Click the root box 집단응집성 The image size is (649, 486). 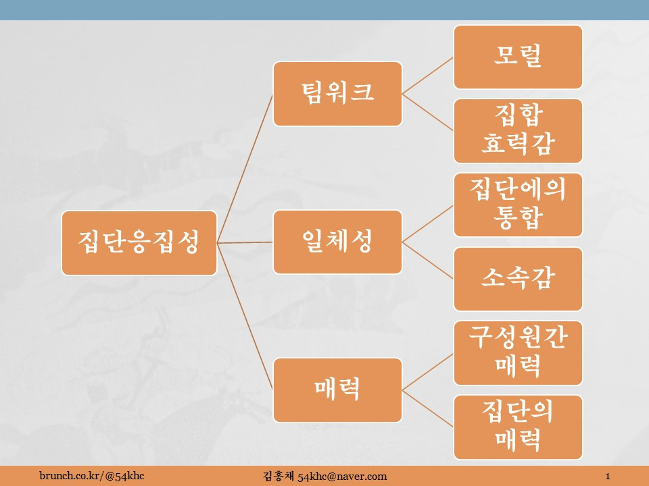(x=139, y=243)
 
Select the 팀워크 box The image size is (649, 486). (x=337, y=94)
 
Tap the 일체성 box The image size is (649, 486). (x=337, y=242)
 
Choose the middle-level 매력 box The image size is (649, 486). (x=337, y=389)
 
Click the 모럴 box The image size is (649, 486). (x=518, y=57)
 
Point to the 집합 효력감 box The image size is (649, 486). (x=518, y=131)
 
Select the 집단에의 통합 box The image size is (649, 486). (x=518, y=205)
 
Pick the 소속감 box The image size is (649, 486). (x=518, y=279)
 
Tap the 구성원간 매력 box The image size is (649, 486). (x=518, y=353)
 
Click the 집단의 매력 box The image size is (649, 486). (x=518, y=427)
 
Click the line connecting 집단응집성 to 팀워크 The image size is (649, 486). (x=245, y=168)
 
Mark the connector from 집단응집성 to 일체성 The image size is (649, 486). (x=245, y=242)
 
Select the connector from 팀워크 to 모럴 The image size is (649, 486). (x=427, y=75)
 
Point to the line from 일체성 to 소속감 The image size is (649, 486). (x=427, y=260)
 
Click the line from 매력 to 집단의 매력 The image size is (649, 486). (x=427, y=408)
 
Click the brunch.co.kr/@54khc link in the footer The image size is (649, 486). (x=91, y=477)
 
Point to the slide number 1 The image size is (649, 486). (x=609, y=477)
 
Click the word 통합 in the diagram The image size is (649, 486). (x=518, y=219)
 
